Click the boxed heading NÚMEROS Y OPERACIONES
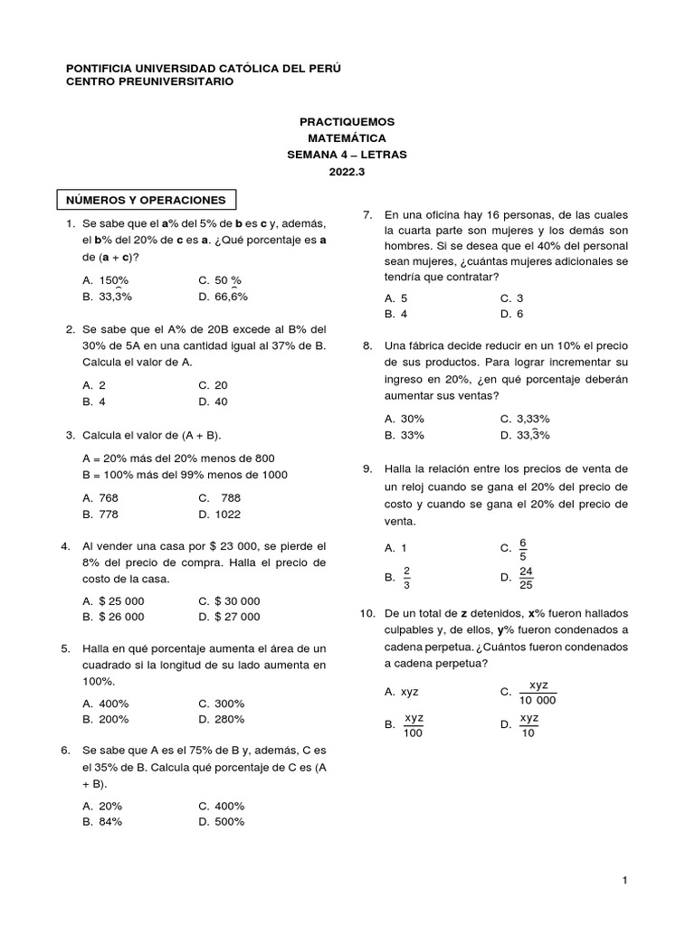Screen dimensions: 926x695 [x=147, y=199]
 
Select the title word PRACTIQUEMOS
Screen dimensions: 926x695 [x=347, y=121]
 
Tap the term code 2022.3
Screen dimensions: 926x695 [x=347, y=172]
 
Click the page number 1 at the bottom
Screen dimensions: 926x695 [x=624, y=880]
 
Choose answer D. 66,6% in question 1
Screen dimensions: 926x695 [x=222, y=297]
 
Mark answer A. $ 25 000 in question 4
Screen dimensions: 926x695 [x=112, y=600]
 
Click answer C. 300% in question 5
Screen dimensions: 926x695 [x=221, y=704]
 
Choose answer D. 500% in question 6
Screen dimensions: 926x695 [x=221, y=822]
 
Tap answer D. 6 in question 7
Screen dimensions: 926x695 [x=512, y=314]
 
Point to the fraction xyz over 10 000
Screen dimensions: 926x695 [x=538, y=693]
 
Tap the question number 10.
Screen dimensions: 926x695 [x=367, y=613]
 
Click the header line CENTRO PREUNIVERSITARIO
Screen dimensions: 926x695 [x=150, y=81]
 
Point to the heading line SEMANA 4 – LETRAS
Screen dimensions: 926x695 [x=347, y=155]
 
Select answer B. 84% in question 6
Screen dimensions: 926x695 [x=101, y=822]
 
